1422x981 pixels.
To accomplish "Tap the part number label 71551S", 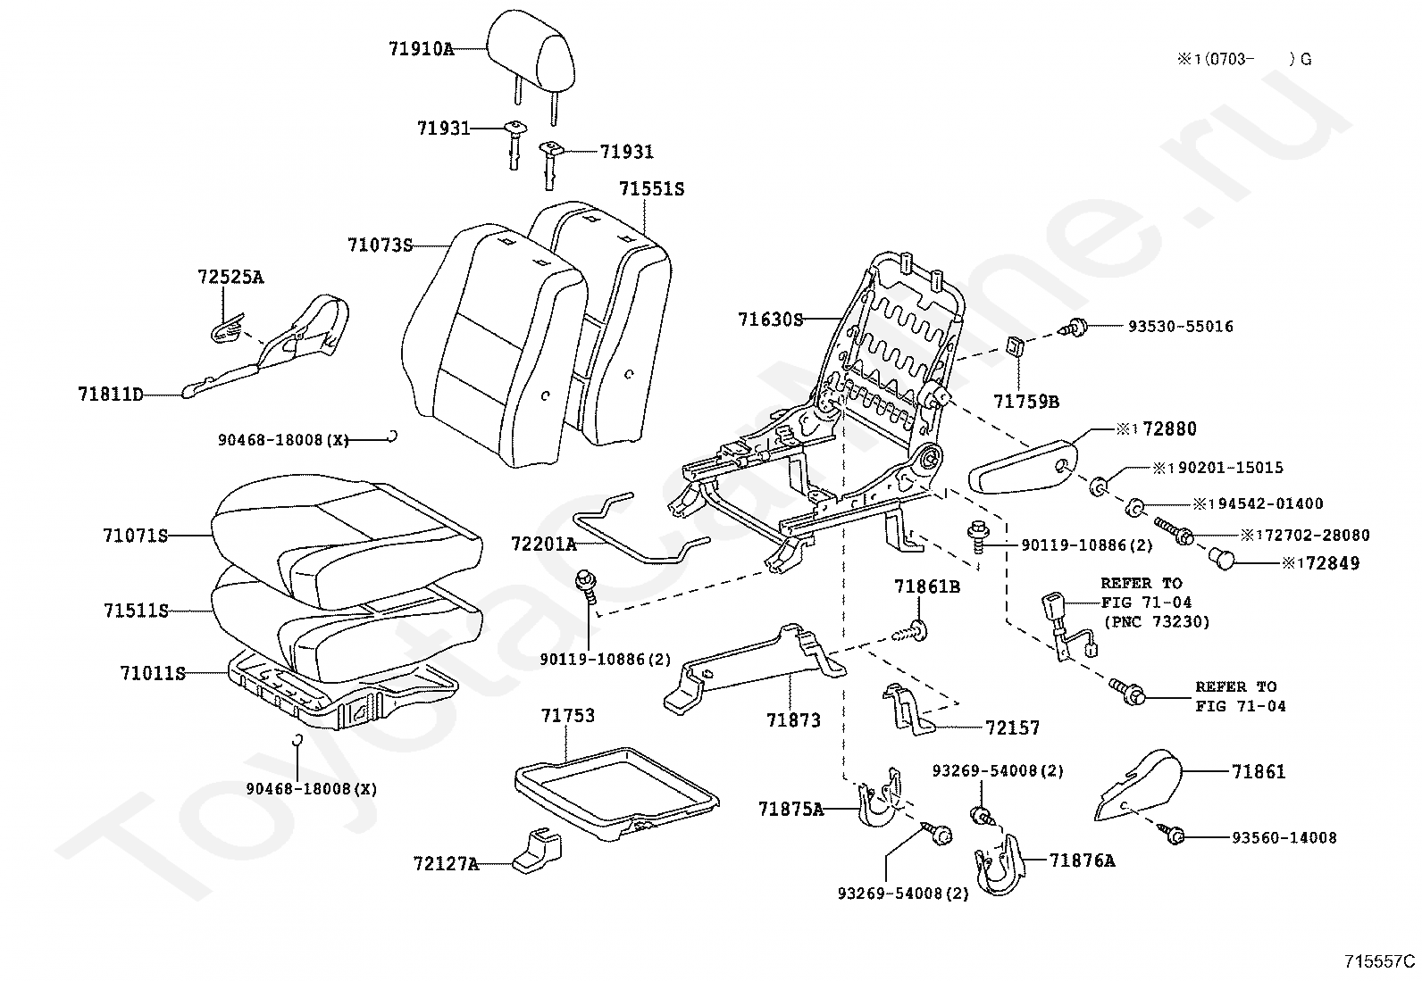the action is (652, 189).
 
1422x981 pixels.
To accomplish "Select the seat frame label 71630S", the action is (771, 320).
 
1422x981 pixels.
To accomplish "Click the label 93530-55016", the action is (1181, 327).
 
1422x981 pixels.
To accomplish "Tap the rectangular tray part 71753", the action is (616, 794).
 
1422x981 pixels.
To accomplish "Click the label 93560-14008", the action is (1284, 838).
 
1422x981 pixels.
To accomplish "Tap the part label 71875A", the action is (791, 809).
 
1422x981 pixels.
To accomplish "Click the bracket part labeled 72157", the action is (908, 709).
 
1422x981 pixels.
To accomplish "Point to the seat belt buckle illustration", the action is (1067, 626).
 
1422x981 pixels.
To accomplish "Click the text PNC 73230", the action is (1162, 622).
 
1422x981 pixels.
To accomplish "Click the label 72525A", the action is (230, 278).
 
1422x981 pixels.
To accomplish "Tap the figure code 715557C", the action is (1379, 961).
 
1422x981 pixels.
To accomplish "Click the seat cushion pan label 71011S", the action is (153, 673).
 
